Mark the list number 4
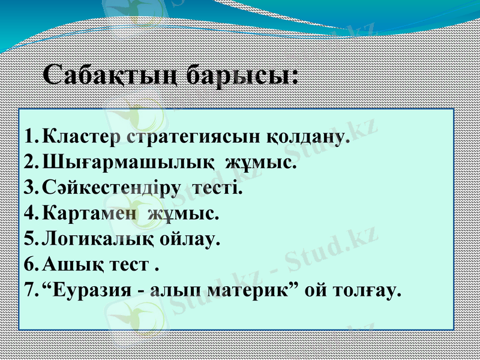pyautogui.click(x=31, y=213)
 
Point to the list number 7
pyautogui.click(x=31, y=290)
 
